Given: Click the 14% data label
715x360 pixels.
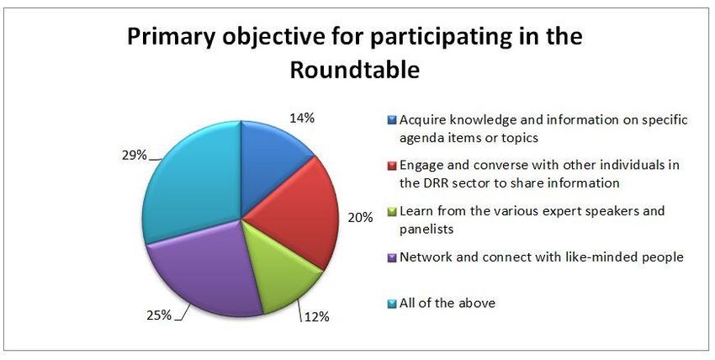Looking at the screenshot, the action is tap(301, 119).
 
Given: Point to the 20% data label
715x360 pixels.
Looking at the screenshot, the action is tap(360, 218).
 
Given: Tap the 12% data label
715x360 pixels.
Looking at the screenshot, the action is tap(316, 317).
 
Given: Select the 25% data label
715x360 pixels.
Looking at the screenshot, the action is tap(159, 315).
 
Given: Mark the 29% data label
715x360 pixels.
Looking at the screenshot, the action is tap(134, 156).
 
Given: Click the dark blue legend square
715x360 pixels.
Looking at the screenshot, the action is tap(392, 121).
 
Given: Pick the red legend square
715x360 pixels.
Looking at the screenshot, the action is tap(392, 166).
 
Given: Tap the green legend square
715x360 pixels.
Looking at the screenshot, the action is tap(392, 212).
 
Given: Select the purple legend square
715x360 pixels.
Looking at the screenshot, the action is tap(392, 258).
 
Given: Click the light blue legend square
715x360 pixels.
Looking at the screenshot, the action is tap(392, 304).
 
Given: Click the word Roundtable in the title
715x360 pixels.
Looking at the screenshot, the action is tap(355, 70).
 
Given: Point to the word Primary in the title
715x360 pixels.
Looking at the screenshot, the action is tap(171, 37).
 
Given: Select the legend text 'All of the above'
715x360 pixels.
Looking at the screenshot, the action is tap(448, 303).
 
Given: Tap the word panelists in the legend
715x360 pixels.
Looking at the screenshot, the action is tap(426, 229).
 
